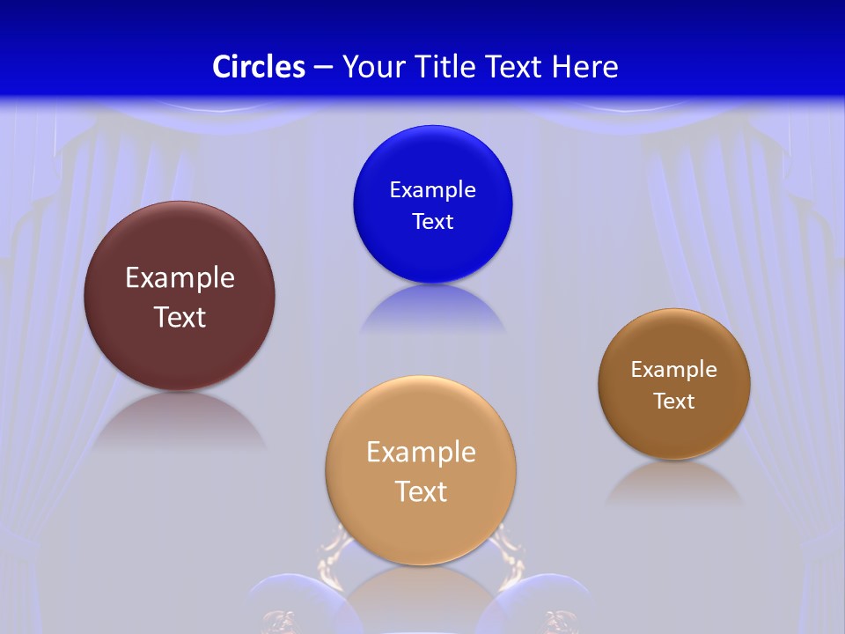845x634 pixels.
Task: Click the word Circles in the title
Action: (259, 67)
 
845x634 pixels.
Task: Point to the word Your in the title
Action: (373, 67)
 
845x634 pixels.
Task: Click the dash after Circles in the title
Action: (323, 68)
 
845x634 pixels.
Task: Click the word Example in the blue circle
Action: (432, 190)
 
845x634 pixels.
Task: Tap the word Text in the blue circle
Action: (432, 221)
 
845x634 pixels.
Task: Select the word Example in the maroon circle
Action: (180, 278)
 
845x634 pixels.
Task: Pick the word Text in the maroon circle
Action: (180, 317)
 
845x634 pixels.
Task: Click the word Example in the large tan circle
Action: (421, 453)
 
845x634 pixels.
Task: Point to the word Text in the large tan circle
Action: (421, 491)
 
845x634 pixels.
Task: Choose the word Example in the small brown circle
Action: (673, 370)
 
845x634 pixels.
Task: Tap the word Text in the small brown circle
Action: (673, 401)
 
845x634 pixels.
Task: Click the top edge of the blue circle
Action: (432, 127)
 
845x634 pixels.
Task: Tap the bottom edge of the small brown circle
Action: (674, 458)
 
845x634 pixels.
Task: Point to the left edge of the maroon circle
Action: (85, 296)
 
